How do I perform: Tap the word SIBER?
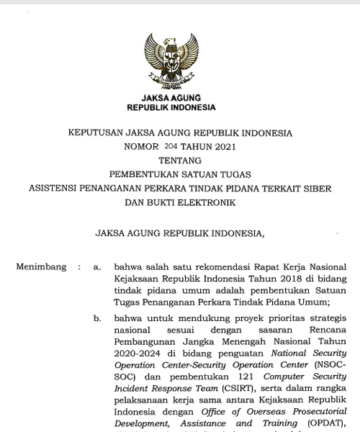pyautogui.click(x=316, y=189)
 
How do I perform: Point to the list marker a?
pyautogui.click(x=97, y=267)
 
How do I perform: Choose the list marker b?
pyautogui.click(x=97, y=318)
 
